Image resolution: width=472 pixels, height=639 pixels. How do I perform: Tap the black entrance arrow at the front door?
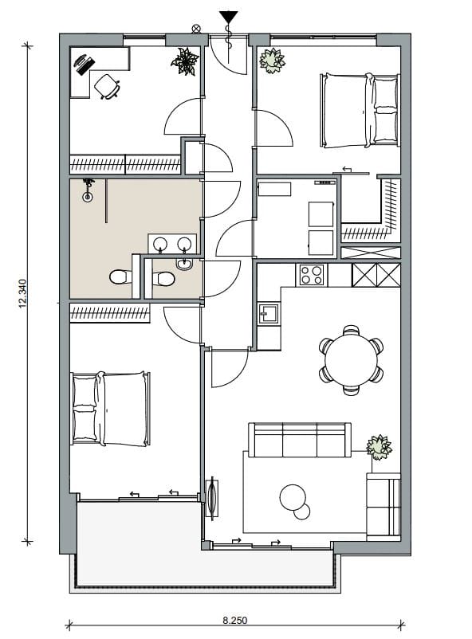(229, 16)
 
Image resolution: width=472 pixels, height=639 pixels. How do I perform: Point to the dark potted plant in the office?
(185, 61)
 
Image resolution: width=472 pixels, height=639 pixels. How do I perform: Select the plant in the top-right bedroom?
(272, 61)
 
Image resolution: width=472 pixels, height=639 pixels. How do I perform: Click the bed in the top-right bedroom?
(360, 111)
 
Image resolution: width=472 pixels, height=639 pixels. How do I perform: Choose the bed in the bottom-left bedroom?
(110, 409)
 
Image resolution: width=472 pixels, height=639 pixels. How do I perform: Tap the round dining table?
(351, 360)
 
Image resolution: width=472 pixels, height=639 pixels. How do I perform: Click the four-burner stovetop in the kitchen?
(312, 275)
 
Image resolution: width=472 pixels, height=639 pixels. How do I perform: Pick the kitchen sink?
(269, 313)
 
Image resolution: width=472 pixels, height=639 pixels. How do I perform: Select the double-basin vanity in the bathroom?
(171, 243)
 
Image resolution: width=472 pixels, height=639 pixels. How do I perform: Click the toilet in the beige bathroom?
(119, 277)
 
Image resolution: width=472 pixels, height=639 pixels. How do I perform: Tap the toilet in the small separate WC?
(163, 279)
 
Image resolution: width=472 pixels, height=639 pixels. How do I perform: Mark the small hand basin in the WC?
(184, 264)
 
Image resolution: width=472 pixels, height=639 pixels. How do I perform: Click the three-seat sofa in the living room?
(299, 440)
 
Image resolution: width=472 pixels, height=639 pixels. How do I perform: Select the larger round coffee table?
(293, 497)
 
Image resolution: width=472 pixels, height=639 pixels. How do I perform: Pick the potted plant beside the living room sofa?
(380, 447)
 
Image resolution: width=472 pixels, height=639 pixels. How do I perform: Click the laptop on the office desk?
(82, 61)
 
